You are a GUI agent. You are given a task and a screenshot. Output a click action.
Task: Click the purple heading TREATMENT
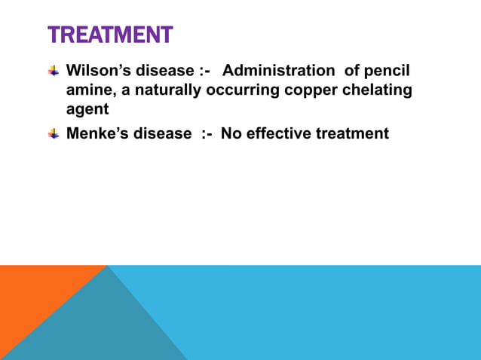click(x=110, y=35)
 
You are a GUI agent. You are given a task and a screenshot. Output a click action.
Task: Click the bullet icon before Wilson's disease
click(x=54, y=72)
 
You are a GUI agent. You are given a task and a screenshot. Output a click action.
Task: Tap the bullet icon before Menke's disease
click(x=54, y=134)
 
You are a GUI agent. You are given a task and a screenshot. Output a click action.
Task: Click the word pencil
click(x=388, y=72)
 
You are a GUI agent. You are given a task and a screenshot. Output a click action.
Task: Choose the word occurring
click(x=243, y=91)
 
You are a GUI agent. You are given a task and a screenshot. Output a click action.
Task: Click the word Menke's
click(x=95, y=134)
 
